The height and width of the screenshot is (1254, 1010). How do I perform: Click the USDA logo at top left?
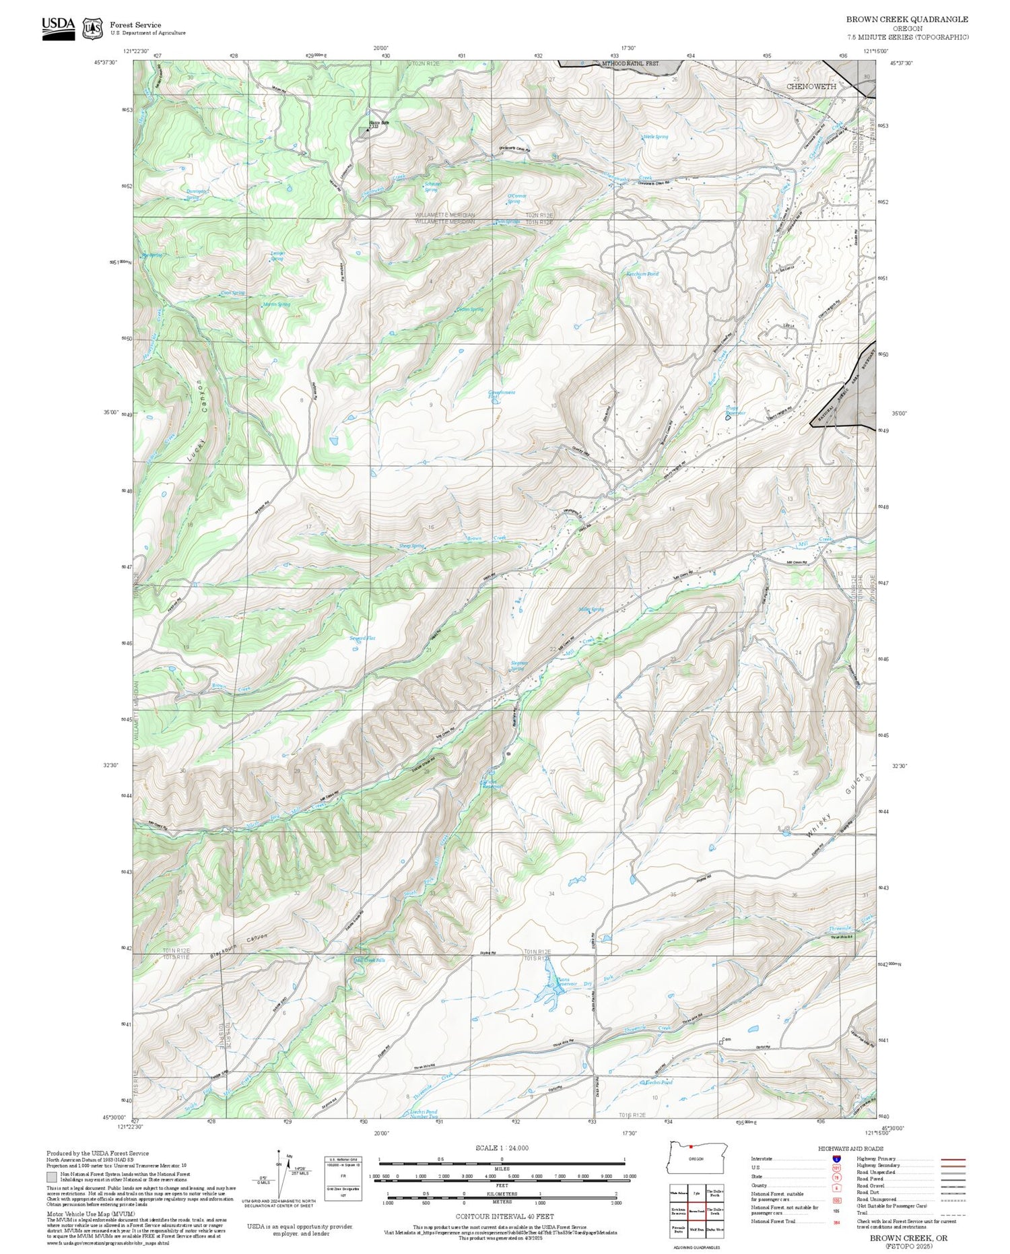pyautogui.click(x=59, y=28)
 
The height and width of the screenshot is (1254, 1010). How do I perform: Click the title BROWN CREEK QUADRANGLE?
pyautogui.click(x=907, y=20)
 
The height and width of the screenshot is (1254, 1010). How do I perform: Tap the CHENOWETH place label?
pyautogui.click(x=811, y=87)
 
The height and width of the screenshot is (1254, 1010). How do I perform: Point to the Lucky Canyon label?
pyautogui.click(x=196, y=421)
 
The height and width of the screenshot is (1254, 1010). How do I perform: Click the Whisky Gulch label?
pyautogui.click(x=834, y=810)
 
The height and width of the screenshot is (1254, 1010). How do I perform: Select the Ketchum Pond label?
pyautogui.click(x=642, y=274)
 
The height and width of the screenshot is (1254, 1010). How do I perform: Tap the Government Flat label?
pyautogui.click(x=502, y=395)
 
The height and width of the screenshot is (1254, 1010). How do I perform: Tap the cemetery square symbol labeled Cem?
pyautogui.click(x=721, y=1041)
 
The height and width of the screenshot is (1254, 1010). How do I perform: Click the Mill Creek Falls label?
pyautogui.click(x=370, y=960)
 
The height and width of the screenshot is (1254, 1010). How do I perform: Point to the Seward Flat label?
pyautogui.click(x=362, y=638)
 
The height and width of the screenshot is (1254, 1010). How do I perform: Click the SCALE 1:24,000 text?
pyautogui.click(x=502, y=1148)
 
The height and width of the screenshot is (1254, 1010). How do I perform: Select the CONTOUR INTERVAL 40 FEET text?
pyautogui.click(x=504, y=1216)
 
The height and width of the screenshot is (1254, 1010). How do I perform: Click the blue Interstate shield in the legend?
pyautogui.click(x=837, y=1159)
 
